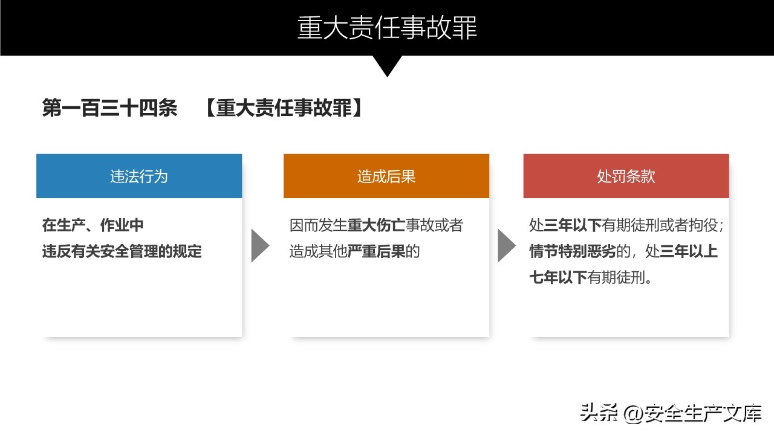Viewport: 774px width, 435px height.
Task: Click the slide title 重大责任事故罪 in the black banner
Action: [387, 28]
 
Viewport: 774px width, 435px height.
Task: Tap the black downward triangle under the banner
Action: [387, 65]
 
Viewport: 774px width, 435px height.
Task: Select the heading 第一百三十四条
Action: [110, 108]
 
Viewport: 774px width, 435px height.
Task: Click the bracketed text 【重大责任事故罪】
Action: [284, 108]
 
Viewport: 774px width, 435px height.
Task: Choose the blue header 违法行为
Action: [139, 176]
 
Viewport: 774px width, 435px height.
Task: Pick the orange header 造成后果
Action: [386, 176]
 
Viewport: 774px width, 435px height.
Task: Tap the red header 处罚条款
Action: [626, 176]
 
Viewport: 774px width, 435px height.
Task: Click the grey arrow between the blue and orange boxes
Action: [260, 245]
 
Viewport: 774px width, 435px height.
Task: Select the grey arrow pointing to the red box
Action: [507, 245]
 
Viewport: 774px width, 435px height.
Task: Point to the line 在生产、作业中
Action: [93, 225]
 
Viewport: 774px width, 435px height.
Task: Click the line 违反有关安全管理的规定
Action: [122, 251]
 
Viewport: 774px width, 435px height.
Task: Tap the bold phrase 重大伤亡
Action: [376, 225]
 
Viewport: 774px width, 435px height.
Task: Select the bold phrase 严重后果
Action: [376, 251]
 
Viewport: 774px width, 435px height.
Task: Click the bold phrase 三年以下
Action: [573, 225]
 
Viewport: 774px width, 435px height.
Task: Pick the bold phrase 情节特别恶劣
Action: [573, 251]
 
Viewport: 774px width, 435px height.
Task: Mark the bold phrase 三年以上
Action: [689, 251]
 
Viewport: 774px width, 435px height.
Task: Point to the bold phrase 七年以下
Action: [558, 277]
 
